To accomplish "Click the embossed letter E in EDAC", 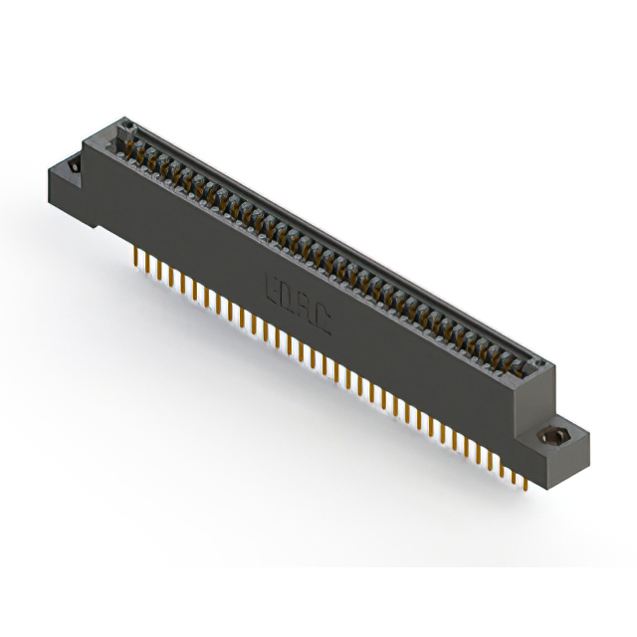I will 272,288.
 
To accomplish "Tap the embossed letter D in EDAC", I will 288,296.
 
